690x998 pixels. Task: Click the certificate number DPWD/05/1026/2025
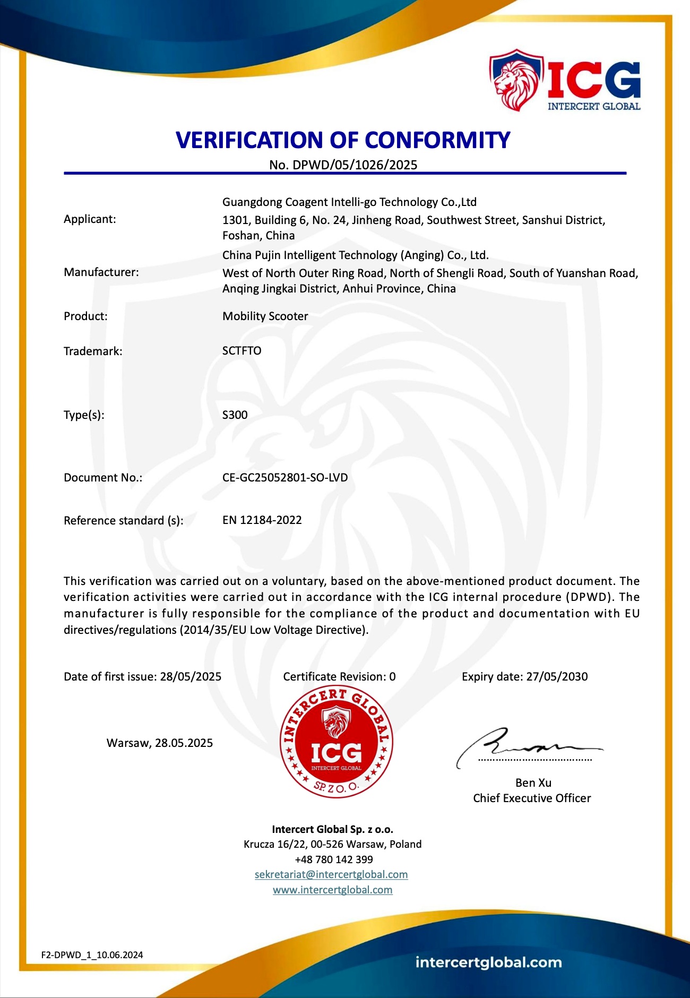(355, 165)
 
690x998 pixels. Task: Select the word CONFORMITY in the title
(437, 140)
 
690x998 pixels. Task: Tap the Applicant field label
(90, 219)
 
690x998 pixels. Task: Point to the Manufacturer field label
(101, 272)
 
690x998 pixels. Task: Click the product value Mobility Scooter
(265, 316)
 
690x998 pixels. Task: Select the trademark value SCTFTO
(242, 351)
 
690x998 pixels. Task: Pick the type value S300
(235, 415)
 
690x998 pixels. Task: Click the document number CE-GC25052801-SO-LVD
(285, 478)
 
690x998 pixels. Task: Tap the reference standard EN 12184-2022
(262, 520)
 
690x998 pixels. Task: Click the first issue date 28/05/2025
(191, 677)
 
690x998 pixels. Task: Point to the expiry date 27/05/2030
(557, 677)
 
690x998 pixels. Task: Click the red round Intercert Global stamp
(337, 742)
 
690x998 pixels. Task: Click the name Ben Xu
(533, 783)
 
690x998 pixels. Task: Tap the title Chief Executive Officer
(532, 798)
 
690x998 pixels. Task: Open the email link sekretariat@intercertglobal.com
(331, 874)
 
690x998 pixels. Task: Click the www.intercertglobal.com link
(333, 890)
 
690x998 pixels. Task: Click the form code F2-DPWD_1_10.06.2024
(92, 955)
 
